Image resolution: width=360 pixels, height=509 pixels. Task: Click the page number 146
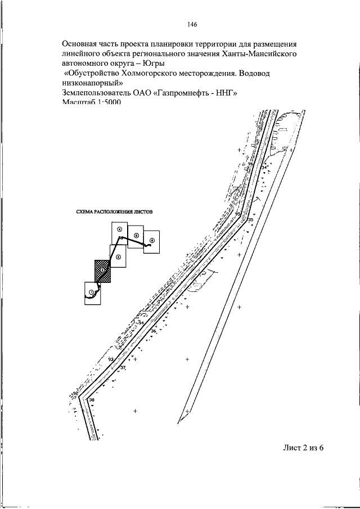click(192, 24)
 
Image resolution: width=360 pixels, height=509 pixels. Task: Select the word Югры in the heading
click(148, 62)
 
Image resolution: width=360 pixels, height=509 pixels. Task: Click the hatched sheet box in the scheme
click(103, 271)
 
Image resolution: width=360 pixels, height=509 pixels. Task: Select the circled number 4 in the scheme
click(119, 229)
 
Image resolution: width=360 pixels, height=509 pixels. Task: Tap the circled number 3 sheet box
click(119, 257)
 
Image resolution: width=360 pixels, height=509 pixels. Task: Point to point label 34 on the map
click(264, 168)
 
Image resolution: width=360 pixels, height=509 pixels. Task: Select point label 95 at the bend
click(238, 215)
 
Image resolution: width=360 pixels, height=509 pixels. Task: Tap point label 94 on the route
click(141, 322)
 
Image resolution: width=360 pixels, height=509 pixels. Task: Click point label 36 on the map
click(153, 332)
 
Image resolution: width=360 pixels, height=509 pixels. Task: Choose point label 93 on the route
click(111, 359)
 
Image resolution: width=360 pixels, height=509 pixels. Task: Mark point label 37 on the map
click(123, 368)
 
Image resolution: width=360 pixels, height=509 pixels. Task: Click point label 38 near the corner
click(92, 400)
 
